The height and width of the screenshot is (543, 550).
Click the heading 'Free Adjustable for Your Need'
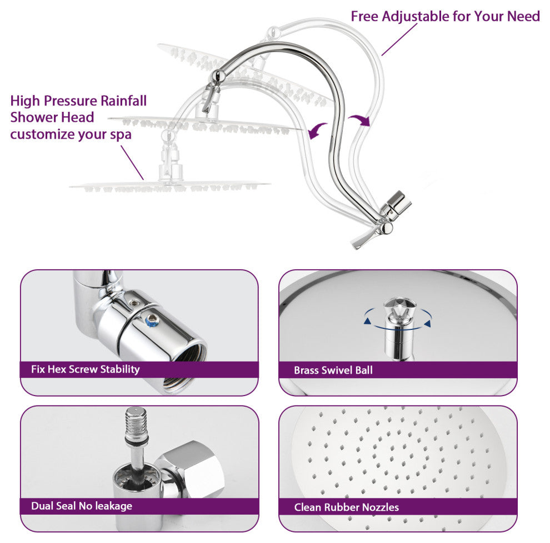445,16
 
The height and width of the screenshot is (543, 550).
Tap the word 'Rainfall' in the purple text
123,101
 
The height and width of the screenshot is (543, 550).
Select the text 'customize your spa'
71,134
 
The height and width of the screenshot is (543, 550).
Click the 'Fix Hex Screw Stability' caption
85,369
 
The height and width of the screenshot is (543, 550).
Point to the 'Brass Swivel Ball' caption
333,370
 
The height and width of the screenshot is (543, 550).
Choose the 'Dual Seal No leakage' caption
82,506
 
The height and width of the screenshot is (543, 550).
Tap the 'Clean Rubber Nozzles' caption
347,507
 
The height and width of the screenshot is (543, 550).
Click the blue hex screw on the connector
152,320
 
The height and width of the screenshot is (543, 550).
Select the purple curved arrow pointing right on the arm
359,120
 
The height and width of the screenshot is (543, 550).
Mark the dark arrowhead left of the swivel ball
367,320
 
